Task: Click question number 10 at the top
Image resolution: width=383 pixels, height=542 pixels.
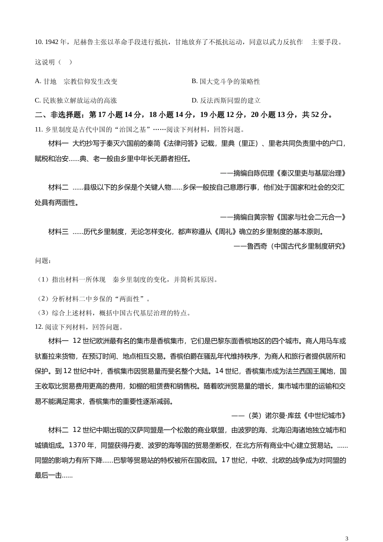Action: [x=39, y=42]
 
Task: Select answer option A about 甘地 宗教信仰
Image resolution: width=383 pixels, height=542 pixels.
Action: [x=76, y=81]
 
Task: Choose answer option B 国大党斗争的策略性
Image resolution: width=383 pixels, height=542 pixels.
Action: [x=226, y=81]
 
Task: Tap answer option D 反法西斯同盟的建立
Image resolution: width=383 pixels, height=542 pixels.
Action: [x=226, y=100]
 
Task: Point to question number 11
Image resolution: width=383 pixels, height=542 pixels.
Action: [x=39, y=129]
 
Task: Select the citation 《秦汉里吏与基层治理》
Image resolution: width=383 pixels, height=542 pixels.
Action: [x=310, y=173]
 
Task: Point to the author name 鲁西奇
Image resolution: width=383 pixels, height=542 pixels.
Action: [x=257, y=246]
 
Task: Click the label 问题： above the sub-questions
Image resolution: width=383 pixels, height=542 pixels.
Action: [x=43, y=261]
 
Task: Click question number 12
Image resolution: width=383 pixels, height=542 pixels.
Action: [x=39, y=327]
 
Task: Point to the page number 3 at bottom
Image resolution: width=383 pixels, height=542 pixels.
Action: [x=347, y=538]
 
